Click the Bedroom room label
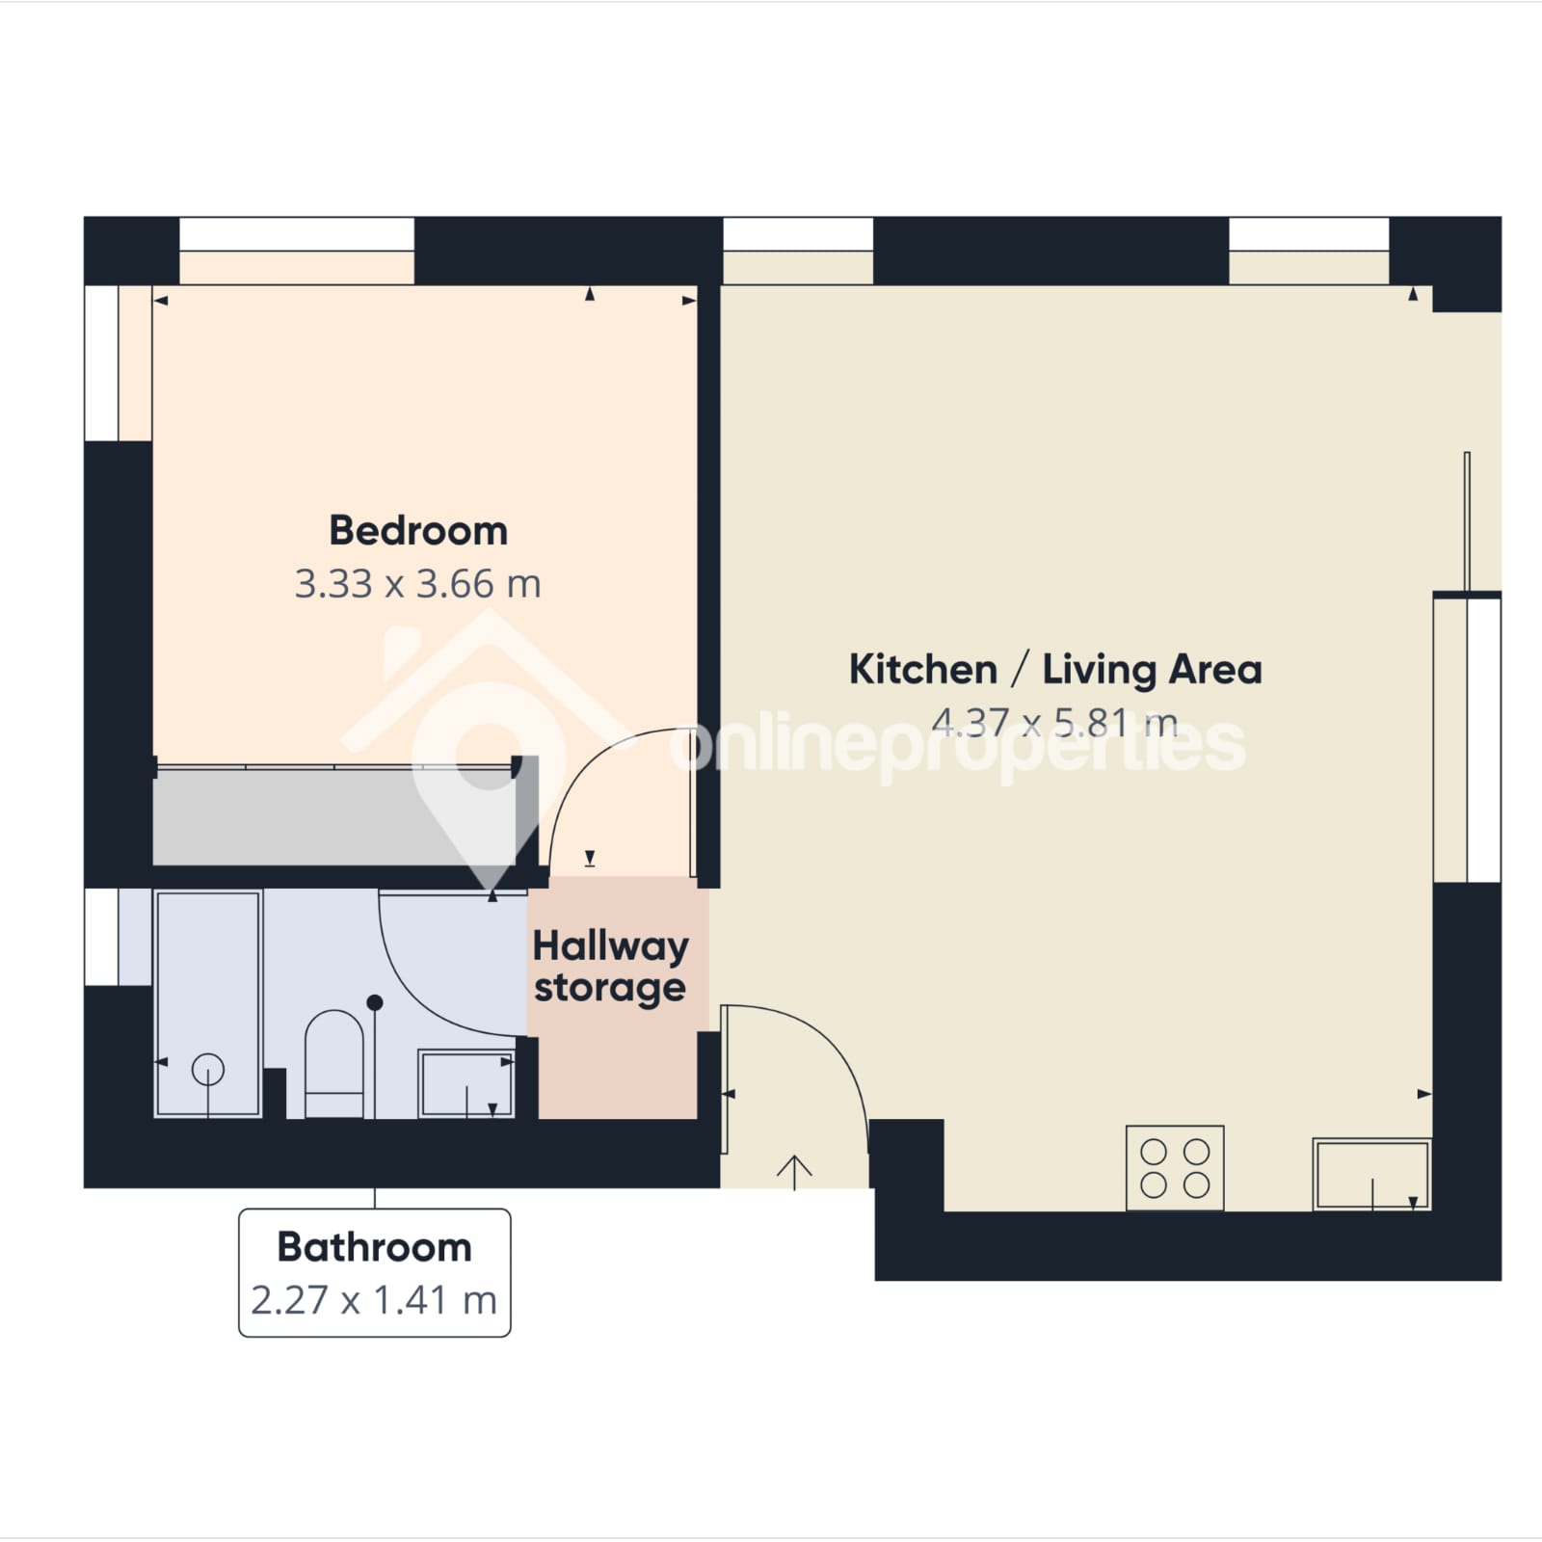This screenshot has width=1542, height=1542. tap(418, 531)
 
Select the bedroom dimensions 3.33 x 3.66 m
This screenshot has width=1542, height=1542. tap(417, 584)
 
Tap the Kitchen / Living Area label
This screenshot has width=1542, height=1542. tap(1055, 670)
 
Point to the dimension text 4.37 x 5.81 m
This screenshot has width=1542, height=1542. tap(1054, 722)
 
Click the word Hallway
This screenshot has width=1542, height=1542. tap(611, 947)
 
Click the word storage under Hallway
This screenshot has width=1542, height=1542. tap(610, 989)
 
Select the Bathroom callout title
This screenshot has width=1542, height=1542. tap(375, 1247)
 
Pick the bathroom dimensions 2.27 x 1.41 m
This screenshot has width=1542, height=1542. tap(374, 1300)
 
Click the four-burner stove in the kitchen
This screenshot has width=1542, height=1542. tap(1175, 1167)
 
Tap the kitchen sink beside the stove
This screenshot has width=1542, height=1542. tap(1371, 1174)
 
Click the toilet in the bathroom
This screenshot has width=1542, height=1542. tap(334, 1064)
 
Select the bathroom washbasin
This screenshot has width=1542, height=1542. tap(466, 1084)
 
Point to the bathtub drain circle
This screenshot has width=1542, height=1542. tap(208, 1069)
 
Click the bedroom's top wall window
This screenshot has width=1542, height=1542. tap(297, 234)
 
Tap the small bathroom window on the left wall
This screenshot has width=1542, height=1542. tap(101, 937)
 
